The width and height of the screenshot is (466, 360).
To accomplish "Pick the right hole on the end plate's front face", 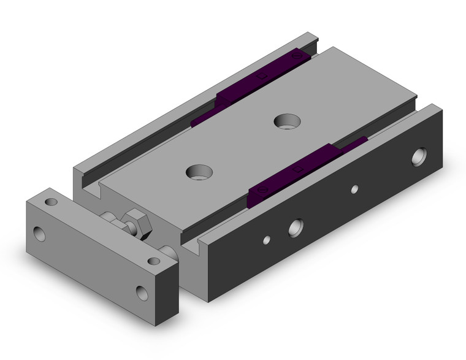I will pyautogui.click(x=143, y=292).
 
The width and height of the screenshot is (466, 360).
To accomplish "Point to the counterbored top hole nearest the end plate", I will pyautogui.click(x=197, y=171).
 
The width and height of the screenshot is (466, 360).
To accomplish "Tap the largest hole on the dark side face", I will pyautogui.click(x=419, y=156).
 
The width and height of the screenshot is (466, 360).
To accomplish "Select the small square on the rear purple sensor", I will pyautogui.click(x=262, y=77).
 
